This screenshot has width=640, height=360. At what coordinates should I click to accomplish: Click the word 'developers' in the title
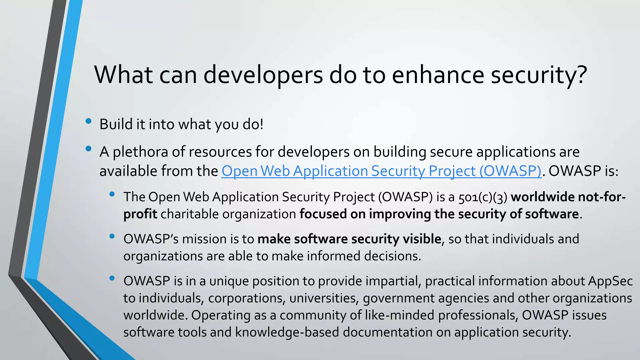(x=263, y=75)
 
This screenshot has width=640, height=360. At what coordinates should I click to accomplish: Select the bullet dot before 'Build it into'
(x=88, y=121)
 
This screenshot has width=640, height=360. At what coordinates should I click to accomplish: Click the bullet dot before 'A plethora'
(x=88, y=149)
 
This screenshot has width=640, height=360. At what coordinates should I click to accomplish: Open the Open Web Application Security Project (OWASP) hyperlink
(x=381, y=171)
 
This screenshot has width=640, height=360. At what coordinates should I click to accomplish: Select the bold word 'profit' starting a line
(x=140, y=214)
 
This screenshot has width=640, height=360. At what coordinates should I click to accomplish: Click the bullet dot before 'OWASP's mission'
(x=112, y=237)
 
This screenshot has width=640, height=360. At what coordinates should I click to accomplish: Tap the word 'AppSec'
(x=610, y=281)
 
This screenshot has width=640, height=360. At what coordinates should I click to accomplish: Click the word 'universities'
(x=323, y=298)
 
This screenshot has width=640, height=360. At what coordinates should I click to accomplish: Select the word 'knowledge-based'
(x=287, y=332)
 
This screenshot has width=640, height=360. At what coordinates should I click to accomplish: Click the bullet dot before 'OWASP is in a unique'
(x=112, y=278)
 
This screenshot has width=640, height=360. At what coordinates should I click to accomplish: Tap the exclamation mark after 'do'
(x=262, y=124)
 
